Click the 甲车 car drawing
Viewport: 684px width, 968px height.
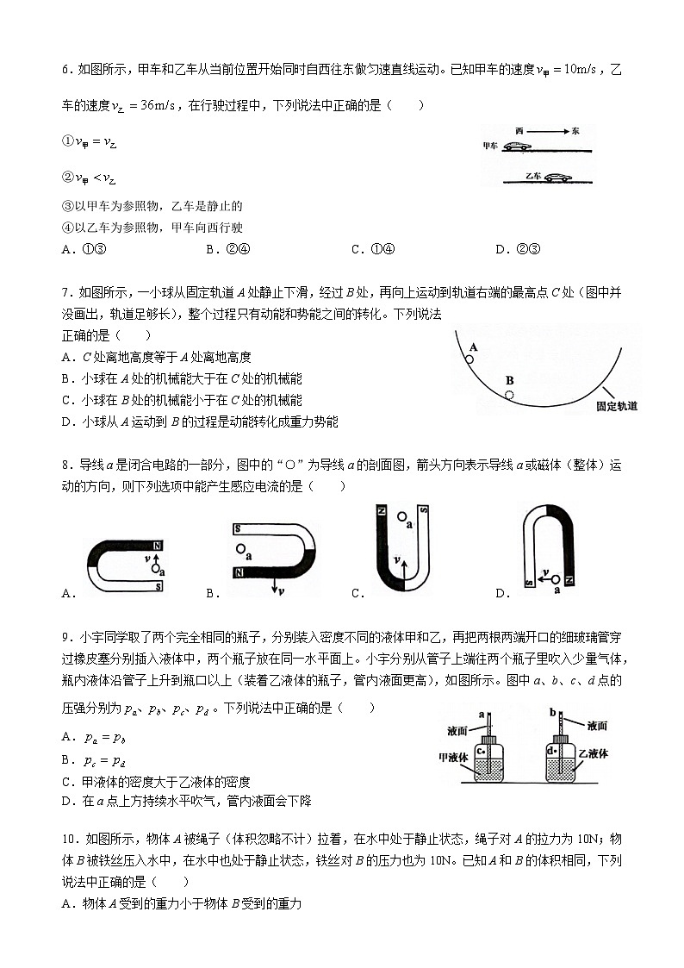(517, 147)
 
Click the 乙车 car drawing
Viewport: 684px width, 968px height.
(558, 178)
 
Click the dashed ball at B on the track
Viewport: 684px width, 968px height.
(509, 395)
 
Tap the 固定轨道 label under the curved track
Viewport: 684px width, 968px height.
(617, 405)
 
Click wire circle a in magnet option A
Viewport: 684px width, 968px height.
(156, 569)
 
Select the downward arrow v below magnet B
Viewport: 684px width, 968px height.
(275, 586)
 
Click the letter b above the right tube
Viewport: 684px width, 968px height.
(551, 712)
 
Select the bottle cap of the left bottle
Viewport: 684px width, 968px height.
(488, 740)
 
